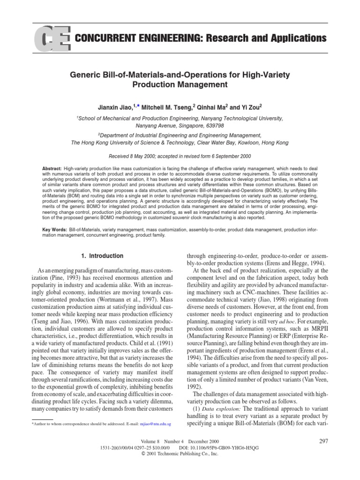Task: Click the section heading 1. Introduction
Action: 99,256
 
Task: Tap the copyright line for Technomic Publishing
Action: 180,454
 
